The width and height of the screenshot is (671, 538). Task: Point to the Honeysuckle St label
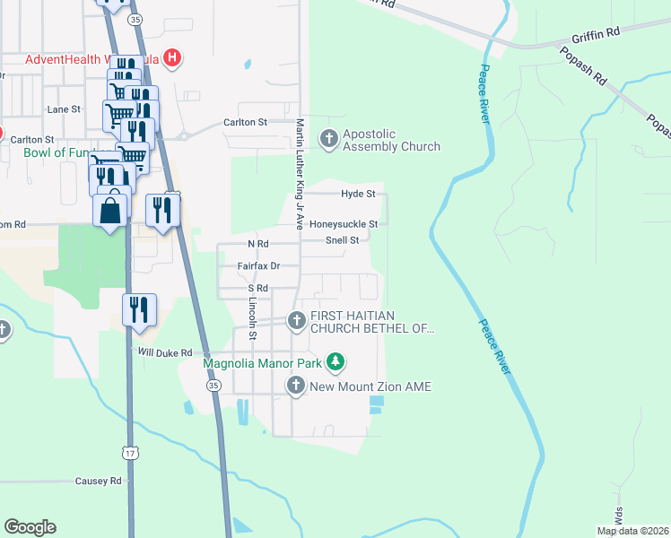tap(344, 224)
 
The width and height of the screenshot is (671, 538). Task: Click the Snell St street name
tap(342, 240)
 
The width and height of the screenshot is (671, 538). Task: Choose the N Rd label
tap(257, 244)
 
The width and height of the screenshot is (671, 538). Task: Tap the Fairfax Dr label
tap(258, 266)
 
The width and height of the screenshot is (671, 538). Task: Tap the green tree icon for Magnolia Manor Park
tap(335, 363)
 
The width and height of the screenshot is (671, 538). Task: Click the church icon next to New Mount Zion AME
tap(297, 386)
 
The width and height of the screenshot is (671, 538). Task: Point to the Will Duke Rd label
tap(165, 353)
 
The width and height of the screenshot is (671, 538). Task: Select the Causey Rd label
tap(98, 482)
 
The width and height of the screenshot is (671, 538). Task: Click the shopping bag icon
tap(110, 212)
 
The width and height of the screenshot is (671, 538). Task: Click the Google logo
tap(30, 527)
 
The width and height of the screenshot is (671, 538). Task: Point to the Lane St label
tap(64, 109)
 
